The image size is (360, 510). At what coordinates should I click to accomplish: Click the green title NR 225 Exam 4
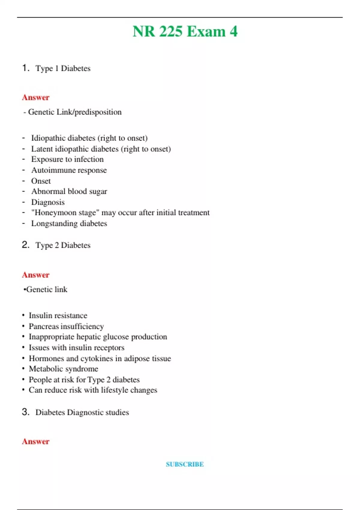tap(185, 31)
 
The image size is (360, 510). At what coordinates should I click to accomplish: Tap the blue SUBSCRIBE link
tap(185, 464)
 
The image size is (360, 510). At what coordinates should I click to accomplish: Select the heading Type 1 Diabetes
tap(63, 68)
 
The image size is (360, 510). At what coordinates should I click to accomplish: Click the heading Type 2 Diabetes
tap(63, 245)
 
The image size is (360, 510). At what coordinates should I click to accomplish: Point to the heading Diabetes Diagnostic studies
tap(82, 412)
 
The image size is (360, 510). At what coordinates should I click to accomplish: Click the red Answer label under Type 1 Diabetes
tap(35, 97)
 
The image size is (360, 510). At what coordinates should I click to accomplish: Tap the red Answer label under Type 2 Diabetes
tap(35, 275)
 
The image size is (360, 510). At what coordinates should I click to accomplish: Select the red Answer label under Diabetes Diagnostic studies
tap(35, 442)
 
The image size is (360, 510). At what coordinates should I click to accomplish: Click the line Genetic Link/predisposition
tap(74, 112)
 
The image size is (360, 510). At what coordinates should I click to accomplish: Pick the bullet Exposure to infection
tap(67, 159)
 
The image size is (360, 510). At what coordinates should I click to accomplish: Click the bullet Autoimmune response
tap(69, 170)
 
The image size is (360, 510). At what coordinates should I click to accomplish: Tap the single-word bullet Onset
tap(41, 181)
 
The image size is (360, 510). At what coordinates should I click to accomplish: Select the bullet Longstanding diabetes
tap(69, 223)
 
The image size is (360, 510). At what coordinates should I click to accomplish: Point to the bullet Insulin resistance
tap(58, 316)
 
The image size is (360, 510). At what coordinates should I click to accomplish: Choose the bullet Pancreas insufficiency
tap(66, 326)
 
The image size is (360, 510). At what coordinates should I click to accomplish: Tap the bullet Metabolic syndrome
tap(63, 369)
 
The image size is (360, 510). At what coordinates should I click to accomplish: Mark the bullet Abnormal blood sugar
tap(69, 191)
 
